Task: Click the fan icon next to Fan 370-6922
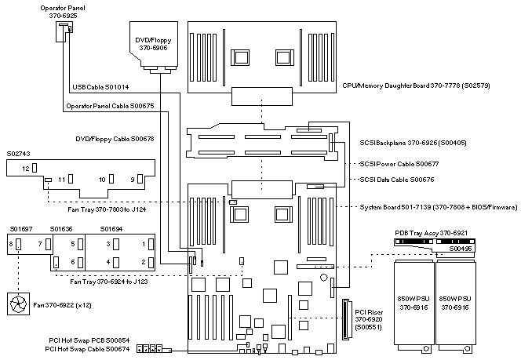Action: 17,303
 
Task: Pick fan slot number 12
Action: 26,169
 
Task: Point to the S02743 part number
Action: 17,154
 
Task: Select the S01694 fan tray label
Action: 115,228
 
